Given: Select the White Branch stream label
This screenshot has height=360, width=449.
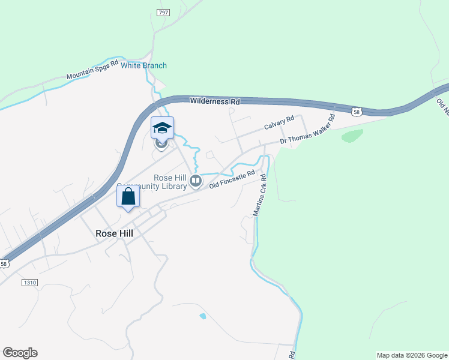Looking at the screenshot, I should click(143, 65).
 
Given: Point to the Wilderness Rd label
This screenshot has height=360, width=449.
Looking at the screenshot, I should click(215, 101).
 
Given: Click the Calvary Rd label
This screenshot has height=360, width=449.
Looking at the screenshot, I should click(279, 123).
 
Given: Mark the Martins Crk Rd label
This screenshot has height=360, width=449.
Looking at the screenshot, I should click(259, 196).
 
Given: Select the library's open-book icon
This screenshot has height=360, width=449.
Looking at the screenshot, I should click(195, 180).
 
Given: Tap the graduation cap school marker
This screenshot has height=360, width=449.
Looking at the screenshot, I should click(161, 128).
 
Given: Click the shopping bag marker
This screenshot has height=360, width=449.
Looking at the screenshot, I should click(128, 196).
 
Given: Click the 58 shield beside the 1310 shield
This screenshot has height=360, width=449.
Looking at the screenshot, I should click(4, 263).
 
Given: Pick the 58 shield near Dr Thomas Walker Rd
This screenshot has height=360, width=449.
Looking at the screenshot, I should click(357, 111).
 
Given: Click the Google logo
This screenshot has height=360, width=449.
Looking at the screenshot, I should click(20, 353).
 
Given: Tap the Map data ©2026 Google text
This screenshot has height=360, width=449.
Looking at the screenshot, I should click(412, 355).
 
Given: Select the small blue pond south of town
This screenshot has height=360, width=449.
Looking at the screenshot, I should click(203, 316).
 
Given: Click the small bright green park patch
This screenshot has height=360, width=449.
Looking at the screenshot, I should click(352, 136).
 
